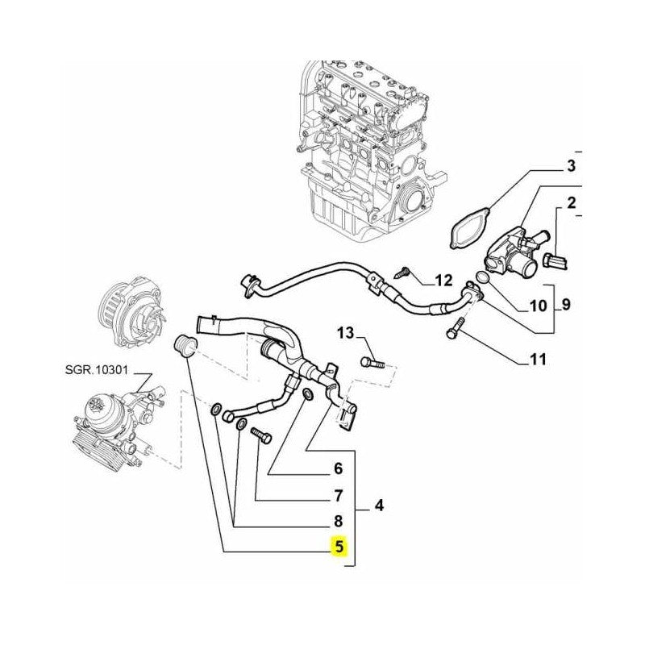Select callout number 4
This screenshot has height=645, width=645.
point(378,507)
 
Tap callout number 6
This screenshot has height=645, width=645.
point(339,468)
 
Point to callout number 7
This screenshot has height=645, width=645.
point(339,495)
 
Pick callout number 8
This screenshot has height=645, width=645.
point(339,521)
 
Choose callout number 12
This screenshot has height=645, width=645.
point(443,281)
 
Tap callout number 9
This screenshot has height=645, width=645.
point(565,306)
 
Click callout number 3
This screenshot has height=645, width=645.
point(570,168)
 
